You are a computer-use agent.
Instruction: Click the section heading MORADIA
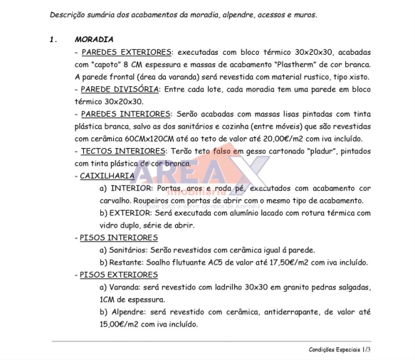[x=94, y=39]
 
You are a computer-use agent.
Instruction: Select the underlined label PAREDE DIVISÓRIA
[x=120, y=89]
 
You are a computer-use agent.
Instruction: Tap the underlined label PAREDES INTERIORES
[x=125, y=114]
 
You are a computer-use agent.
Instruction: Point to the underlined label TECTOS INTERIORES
[x=122, y=151]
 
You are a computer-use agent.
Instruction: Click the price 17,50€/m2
[x=283, y=262]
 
